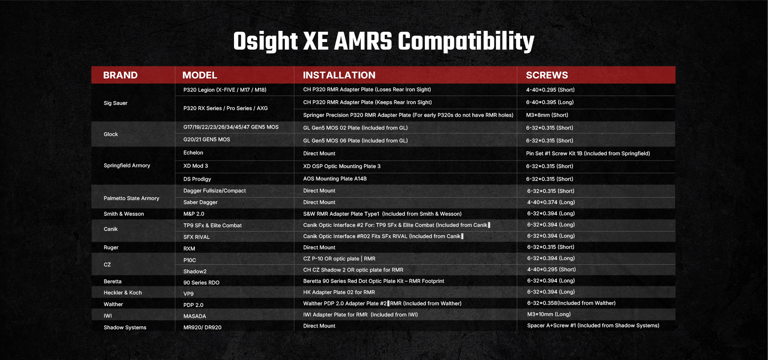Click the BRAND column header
point(120,75)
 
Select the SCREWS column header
point(547,75)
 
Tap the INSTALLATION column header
point(339,75)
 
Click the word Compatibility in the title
point(466,42)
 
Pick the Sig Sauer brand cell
point(116,103)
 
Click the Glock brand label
point(111,134)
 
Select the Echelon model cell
point(193,153)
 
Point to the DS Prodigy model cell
point(197,179)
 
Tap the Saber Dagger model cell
point(200,202)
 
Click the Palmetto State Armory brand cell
point(132,198)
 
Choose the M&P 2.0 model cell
point(194,214)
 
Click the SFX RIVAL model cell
point(196,237)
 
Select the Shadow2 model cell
point(195,272)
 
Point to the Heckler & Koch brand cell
point(123,293)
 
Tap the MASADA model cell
point(195,316)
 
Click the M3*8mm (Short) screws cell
point(547,115)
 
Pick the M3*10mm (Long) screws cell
point(549,314)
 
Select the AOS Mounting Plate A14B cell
point(335,179)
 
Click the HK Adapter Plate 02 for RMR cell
point(339,292)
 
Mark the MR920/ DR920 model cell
point(202,328)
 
